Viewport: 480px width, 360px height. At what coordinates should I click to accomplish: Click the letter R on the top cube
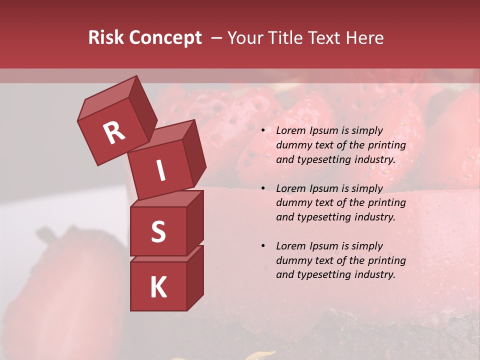pyautogui.click(x=113, y=133)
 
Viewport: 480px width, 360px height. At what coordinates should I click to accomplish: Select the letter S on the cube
pyautogui.click(x=158, y=231)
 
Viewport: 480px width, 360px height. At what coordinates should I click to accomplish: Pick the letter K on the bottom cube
pyautogui.click(x=158, y=287)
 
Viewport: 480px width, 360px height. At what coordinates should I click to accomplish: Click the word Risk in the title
pyautogui.click(x=105, y=38)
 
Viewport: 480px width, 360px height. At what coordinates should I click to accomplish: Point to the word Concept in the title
pyautogui.click(x=164, y=38)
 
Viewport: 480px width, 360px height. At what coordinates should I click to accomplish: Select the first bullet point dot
pyautogui.click(x=263, y=131)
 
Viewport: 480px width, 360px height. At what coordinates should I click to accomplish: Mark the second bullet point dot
pyautogui.click(x=263, y=188)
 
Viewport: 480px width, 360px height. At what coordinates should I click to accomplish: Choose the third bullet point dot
pyautogui.click(x=263, y=246)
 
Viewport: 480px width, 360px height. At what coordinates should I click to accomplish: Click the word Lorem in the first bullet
pyautogui.click(x=289, y=131)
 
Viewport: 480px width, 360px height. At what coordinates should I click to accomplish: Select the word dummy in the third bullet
pyautogui.click(x=292, y=260)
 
